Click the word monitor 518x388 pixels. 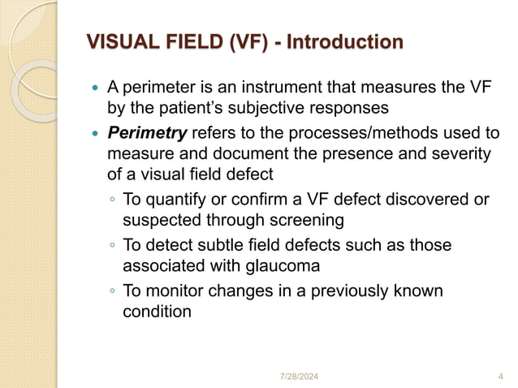[x=175, y=291]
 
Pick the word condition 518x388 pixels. [x=157, y=310]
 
